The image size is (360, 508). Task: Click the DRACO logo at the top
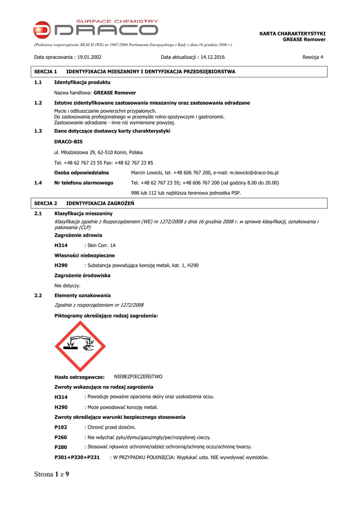tap(96, 28)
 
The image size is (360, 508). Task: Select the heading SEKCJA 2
tap(46, 203)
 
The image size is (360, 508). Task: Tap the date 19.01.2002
tap(89, 57)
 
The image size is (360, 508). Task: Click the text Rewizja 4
tap(313, 57)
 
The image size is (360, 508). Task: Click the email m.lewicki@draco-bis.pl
tap(254, 173)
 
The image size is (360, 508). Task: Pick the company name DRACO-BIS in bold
tap(69, 142)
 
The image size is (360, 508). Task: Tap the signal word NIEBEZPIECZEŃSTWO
tap(138, 377)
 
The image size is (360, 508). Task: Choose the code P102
tap(61, 427)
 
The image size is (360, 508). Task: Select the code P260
tap(61, 438)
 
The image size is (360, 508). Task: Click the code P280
tap(61, 447)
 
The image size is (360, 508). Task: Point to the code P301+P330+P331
tap(77, 457)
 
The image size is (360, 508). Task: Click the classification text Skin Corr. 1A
tap(101, 246)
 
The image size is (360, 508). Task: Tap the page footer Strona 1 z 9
tap(52, 474)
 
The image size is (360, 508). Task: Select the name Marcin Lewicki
tap(147, 173)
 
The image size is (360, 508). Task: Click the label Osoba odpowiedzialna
tap(81, 173)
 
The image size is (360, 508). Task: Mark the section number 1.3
tap(38, 131)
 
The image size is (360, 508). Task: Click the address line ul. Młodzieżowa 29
tap(98, 152)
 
